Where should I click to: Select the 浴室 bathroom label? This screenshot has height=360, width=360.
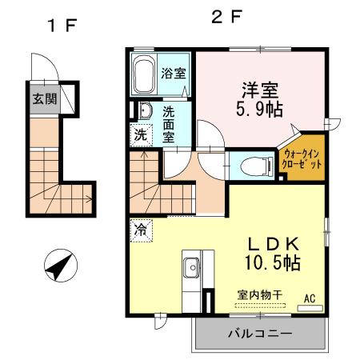point(174,74)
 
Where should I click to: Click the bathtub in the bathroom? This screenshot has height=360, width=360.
point(144,77)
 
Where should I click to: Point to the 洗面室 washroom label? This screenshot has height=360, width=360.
point(170,125)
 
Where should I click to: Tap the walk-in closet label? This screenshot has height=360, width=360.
point(302,158)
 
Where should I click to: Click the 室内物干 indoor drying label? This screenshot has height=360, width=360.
point(258,294)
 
